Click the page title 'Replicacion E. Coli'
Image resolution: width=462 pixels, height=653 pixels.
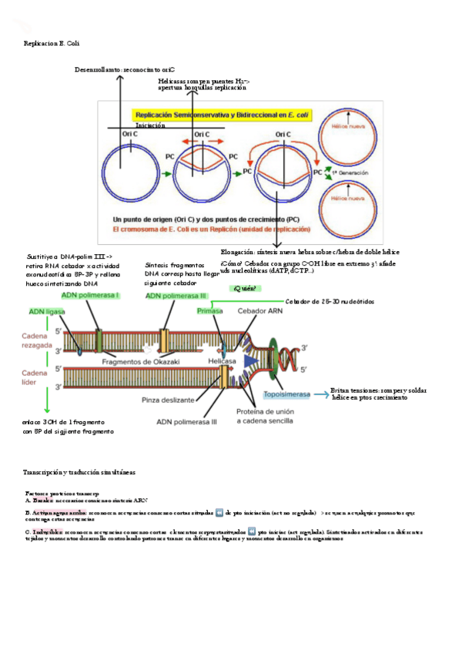[52, 44]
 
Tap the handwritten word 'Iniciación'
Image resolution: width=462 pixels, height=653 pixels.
[150, 125]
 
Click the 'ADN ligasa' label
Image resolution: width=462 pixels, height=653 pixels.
[47, 311]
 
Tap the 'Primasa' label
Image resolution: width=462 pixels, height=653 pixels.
[209, 310]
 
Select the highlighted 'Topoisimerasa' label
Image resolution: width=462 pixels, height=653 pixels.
[286, 394]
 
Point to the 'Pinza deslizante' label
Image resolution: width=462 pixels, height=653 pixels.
[167, 400]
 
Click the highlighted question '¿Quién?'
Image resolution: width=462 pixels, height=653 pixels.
[244, 288]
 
